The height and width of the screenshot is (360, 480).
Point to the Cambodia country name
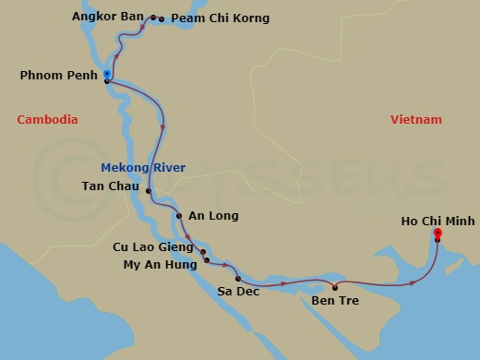point(47,120)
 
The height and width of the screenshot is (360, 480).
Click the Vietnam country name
point(416,120)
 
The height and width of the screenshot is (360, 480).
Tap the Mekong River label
point(143,167)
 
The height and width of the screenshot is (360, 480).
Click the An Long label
point(213,216)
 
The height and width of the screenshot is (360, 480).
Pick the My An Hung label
point(160,264)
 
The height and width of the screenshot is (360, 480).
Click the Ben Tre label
point(335,300)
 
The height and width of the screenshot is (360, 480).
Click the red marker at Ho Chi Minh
point(438,234)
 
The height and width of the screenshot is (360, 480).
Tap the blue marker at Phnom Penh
point(107,73)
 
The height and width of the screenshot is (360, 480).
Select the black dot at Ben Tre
point(335,286)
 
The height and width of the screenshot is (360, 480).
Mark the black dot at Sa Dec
point(237,278)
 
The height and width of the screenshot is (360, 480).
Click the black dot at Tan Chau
point(149,191)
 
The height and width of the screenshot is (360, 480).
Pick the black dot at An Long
point(180,216)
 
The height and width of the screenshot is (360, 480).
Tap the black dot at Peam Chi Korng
point(162,18)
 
